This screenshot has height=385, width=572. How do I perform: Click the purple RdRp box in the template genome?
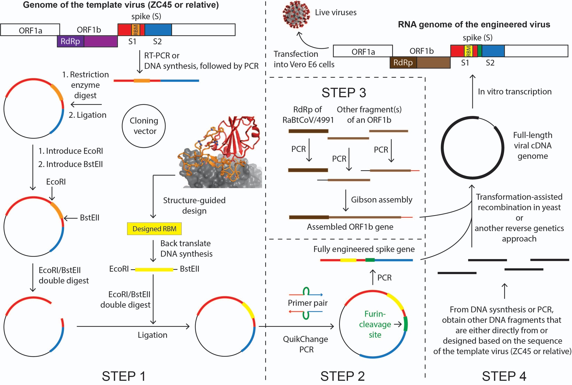tap(71, 41)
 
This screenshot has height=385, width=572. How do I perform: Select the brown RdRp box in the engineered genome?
tap(403, 63)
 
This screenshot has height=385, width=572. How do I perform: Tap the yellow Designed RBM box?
tap(154, 229)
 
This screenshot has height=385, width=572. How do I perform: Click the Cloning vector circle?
tap(144, 126)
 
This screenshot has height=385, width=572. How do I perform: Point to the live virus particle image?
tap(296, 14)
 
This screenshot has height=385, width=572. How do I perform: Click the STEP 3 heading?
tap(344, 93)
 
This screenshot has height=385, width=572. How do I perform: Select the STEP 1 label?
tap(124, 376)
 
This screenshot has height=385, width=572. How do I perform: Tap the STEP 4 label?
tap(504, 376)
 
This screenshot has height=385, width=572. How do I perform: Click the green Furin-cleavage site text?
tap(375, 324)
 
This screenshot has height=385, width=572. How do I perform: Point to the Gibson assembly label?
tap(382, 200)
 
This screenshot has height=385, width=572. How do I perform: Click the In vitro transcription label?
tap(514, 92)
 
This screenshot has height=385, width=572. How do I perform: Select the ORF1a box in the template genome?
tap(30, 30)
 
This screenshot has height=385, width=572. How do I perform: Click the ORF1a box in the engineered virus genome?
tap(363, 51)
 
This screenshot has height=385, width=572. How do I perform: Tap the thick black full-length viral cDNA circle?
tap(442, 148)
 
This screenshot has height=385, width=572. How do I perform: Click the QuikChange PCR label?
tap(306, 344)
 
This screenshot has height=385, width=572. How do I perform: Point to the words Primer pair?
tap(308, 303)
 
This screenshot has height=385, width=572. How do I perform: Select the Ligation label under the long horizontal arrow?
tap(152, 335)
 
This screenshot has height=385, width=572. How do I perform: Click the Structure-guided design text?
tap(194, 205)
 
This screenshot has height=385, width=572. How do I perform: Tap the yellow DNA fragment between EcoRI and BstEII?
tap(154, 269)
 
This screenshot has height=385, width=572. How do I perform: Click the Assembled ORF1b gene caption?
tap(350, 227)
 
